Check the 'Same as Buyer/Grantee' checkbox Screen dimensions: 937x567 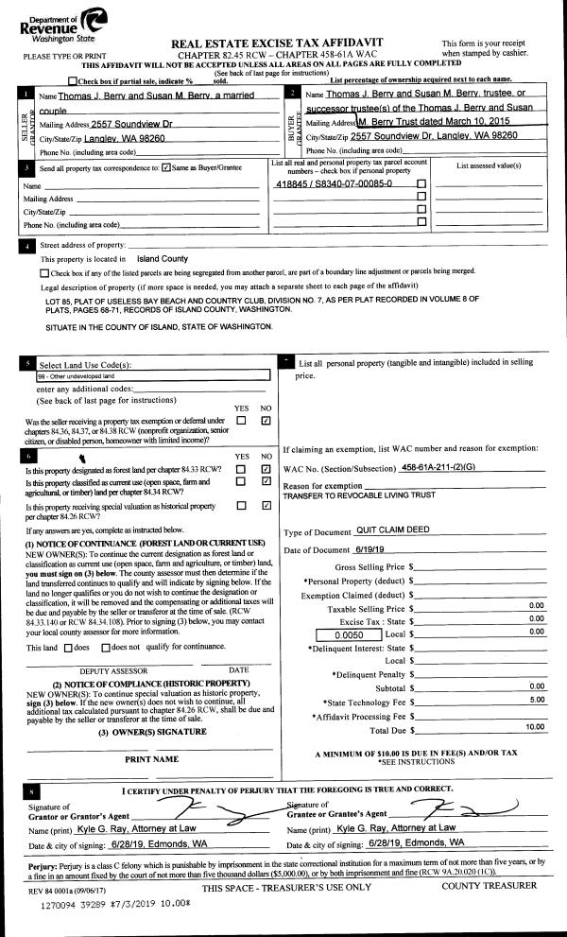click(166, 168)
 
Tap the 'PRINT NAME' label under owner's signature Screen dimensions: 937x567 click(151, 758)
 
